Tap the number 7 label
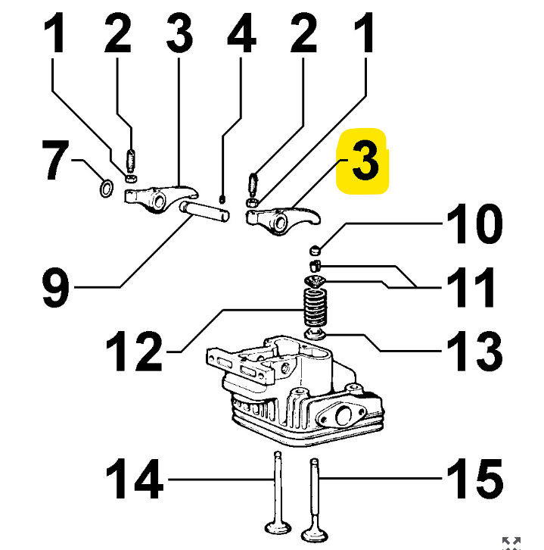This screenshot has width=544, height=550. [58, 162]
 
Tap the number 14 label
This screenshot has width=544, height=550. [134, 479]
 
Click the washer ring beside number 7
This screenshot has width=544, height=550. [107, 186]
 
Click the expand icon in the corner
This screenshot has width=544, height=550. [512, 542]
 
